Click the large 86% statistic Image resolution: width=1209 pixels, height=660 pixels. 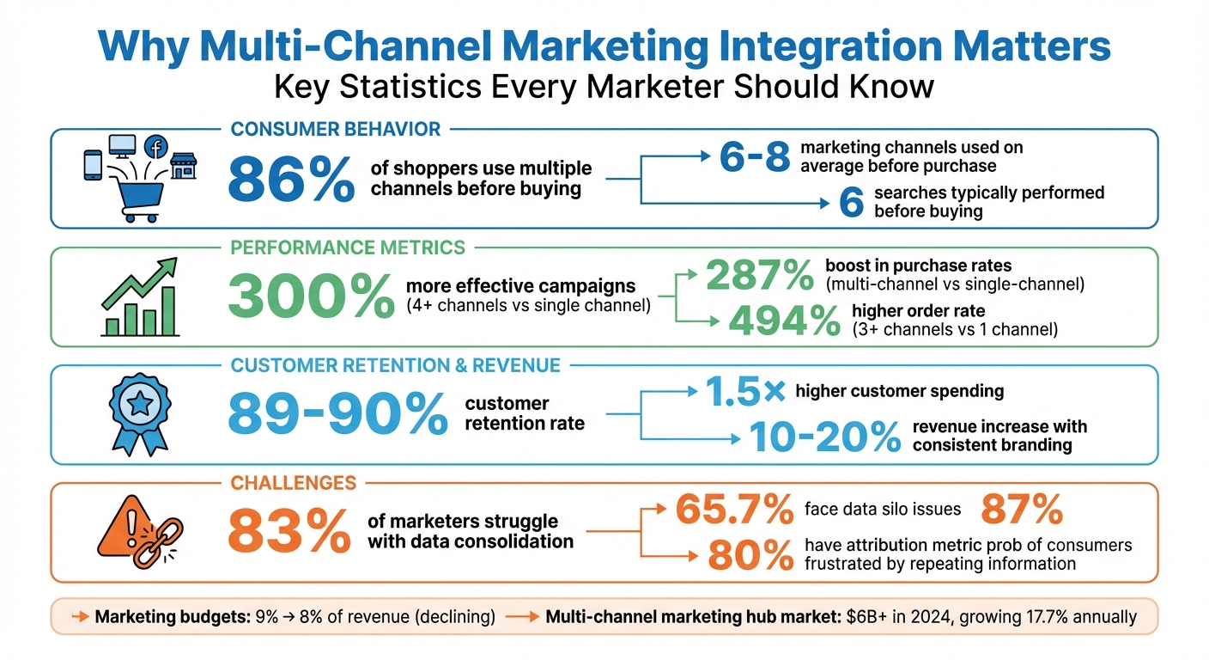291,180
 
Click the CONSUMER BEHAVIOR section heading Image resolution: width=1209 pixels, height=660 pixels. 336,130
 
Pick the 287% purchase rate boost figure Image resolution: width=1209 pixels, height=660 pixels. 759,275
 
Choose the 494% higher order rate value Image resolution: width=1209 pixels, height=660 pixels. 784,320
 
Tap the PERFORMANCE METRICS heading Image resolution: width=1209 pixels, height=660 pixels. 348,247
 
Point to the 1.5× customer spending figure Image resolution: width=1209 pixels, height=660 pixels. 744,392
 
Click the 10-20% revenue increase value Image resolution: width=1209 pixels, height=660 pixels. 824,436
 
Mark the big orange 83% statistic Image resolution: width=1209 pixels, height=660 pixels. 289,532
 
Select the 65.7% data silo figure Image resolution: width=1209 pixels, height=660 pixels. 734,510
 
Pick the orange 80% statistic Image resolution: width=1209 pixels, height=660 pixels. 750,555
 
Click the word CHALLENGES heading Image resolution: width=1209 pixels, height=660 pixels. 293,483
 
